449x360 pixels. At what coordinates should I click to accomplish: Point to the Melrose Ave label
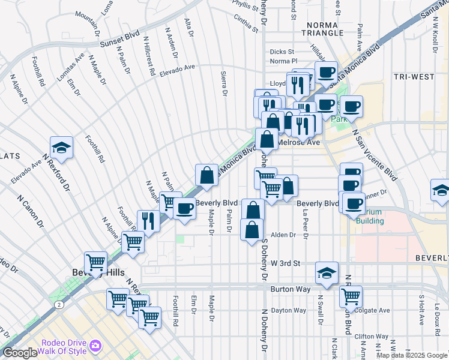pyautogui.click(x=298, y=142)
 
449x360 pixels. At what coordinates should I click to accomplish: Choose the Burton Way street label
pyautogui.click(x=291, y=289)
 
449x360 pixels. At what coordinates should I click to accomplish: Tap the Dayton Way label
pyautogui.click(x=288, y=310)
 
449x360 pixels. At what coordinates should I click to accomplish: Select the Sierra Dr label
pyautogui.click(x=224, y=83)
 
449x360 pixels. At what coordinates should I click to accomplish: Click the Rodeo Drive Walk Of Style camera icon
pyautogui.click(x=95, y=346)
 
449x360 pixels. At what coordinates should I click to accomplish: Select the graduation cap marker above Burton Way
pyautogui.click(x=326, y=272)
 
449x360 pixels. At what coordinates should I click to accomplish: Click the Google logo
pyautogui.click(x=19, y=353)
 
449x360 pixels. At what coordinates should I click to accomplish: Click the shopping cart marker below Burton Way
pyautogui.click(x=351, y=296)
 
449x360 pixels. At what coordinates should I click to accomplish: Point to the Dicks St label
pyautogui.click(x=282, y=52)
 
